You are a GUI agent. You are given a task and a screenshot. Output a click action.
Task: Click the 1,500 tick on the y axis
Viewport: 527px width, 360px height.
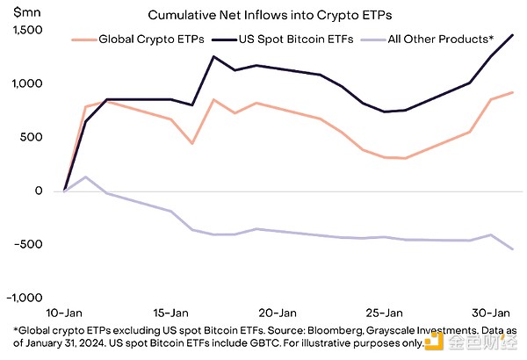(x=27, y=30)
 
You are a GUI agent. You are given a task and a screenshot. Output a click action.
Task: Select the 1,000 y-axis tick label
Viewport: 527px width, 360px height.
(x=27, y=83)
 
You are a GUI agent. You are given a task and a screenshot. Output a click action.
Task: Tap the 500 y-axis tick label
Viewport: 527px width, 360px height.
(x=32, y=137)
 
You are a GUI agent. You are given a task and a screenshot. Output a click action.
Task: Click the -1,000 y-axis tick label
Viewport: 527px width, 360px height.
(x=25, y=298)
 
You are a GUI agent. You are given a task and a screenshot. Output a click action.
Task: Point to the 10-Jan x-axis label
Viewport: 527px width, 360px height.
(x=65, y=312)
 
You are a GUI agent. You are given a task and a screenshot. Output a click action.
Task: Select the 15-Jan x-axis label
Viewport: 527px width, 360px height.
(x=170, y=312)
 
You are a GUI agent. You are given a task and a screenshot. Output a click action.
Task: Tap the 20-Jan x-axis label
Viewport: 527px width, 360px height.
(x=277, y=312)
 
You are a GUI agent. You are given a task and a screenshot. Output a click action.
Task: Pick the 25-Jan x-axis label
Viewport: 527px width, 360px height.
(x=383, y=312)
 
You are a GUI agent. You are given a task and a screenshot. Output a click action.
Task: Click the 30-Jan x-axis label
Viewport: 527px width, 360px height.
(x=489, y=312)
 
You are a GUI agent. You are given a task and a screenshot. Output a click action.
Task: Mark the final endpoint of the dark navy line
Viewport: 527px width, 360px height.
(x=513, y=35)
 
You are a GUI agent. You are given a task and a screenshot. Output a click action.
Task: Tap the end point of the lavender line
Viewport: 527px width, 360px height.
(x=513, y=249)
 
